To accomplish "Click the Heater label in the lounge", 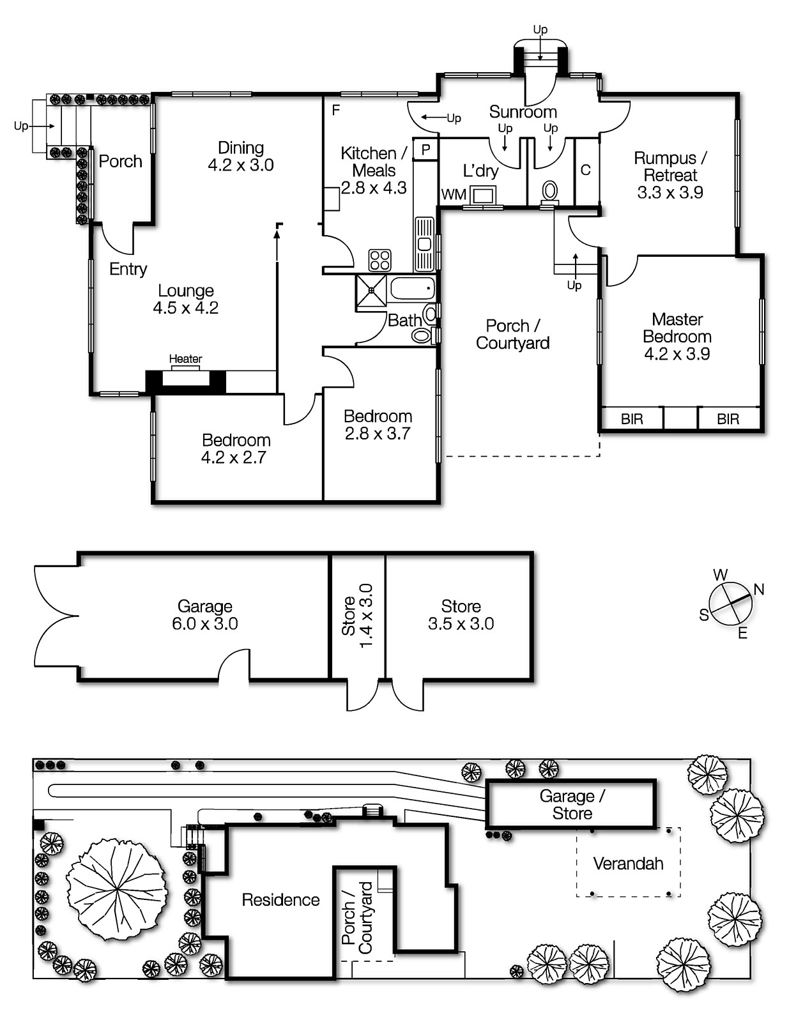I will [x=185, y=359].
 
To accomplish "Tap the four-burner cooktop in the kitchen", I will [x=379, y=260].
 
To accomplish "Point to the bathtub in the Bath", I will [x=412, y=288].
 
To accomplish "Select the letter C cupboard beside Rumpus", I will [x=586, y=171].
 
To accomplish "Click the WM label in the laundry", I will [x=454, y=194].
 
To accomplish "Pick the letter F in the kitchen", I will [x=336, y=111].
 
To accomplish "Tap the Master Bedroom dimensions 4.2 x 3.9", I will [x=677, y=354].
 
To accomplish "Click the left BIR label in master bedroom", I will [x=632, y=419].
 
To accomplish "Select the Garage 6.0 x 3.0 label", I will [x=205, y=615].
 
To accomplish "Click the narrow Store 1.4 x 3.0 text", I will [x=358, y=616].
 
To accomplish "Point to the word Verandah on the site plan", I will [x=628, y=864].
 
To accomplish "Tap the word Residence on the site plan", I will [x=280, y=900].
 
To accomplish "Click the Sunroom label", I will [x=523, y=112].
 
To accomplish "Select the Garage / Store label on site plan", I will [x=572, y=805].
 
